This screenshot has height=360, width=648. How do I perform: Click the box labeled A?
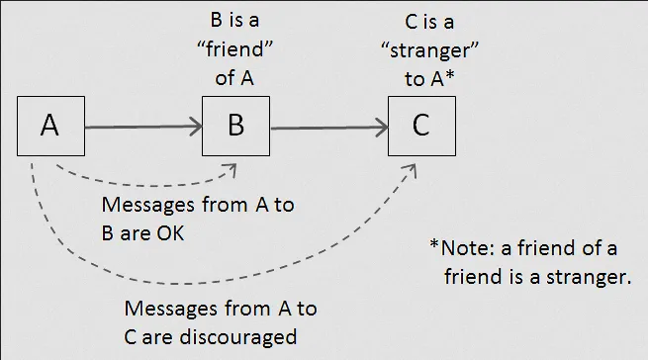pyautogui.click(x=51, y=126)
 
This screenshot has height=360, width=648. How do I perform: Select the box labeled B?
pyautogui.click(x=235, y=126)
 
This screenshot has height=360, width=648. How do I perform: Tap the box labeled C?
pyautogui.click(x=420, y=126)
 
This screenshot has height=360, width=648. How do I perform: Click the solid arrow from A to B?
pyautogui.click(x=143, y=127)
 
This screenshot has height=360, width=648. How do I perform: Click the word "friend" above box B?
pyautogui.click(x=235, y=49)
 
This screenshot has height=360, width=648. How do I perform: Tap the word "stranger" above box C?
pyautogui.click(x=421, y=49)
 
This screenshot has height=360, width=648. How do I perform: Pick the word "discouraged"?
pyautogui.click(x=237, y=336)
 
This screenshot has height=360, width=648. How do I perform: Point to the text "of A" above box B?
pyautogui.click(x=235, y=77)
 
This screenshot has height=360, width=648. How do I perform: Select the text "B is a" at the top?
pyautogui.click(x=235, y=21)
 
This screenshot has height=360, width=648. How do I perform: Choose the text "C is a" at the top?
pyautogui.click(x=421, y=21)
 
